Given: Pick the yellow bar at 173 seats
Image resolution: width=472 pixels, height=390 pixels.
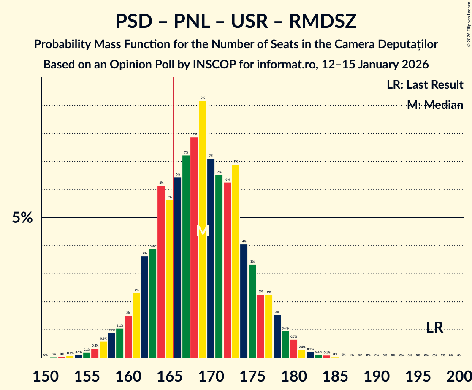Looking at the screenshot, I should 236,261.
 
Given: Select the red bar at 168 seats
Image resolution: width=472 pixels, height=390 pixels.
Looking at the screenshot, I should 194,247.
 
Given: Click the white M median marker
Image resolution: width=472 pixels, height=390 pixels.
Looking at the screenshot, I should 203,231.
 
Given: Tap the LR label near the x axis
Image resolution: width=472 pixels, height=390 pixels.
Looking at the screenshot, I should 434,328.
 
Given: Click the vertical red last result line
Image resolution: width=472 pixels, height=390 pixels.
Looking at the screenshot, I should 174,127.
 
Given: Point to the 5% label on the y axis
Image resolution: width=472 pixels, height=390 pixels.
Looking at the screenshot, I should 22,218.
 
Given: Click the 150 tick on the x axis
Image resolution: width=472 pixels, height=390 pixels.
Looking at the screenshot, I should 46,376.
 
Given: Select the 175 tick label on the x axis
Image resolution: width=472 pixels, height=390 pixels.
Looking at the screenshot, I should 252,376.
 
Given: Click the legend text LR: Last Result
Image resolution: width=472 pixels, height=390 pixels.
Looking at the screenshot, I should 425,85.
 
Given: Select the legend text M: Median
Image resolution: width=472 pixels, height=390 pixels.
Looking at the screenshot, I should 435,105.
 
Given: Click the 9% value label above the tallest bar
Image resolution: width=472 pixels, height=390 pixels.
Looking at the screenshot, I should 203,98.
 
